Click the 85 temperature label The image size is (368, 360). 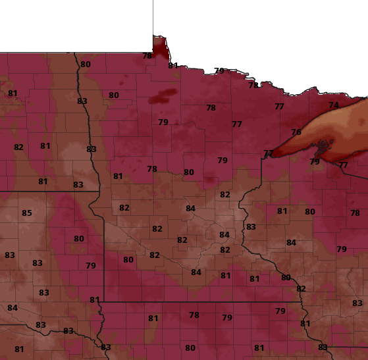point(27,213)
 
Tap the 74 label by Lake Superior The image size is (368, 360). point(334,105)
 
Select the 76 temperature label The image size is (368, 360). point(296,132)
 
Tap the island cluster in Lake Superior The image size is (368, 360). point(322,145)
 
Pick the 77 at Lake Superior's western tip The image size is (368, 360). point(268,153)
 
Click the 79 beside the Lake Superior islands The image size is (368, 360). point(315,161)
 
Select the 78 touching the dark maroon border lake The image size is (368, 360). point(147,55)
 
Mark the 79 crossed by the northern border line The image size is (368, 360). point(219,70)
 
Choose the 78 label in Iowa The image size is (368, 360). point(194,315)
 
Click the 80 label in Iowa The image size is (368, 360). point(190,347)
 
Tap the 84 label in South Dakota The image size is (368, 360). point(13,307)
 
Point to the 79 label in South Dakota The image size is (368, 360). point(91,265)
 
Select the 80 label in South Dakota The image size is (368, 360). point(79,238)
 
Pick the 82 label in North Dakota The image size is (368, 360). point(18,147)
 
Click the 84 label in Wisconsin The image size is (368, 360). point(291,242)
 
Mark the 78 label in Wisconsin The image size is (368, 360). point(355,213)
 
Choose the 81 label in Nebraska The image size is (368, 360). point(19,349)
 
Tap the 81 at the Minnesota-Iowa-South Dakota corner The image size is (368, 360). point(95,299)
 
